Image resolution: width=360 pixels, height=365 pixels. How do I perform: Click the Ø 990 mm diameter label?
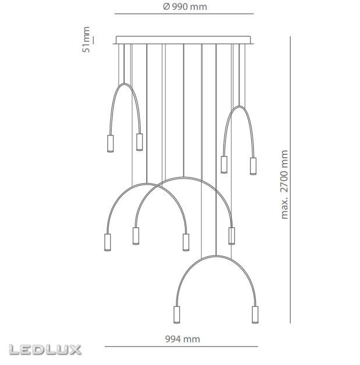pyautogui.click(x=185, y=7)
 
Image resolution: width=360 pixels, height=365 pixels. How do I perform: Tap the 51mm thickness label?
pyautogui.click(x=86, y=40)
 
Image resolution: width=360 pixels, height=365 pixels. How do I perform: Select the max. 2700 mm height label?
pyautogui.click(x=284, y=185)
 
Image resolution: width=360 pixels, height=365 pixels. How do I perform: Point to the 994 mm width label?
pyautogui.click(x=182, y=339)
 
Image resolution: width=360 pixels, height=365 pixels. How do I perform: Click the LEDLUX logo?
pyautogui.click(x=45, y=350)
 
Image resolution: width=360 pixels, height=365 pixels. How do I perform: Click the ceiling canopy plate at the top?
pyautogui.click(x=183, y=40)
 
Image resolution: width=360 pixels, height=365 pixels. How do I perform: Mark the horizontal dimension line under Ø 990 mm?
pyautogui.click(x=184, y=14)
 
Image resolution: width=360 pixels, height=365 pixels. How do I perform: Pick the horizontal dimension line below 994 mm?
pyautogui.click(x=181, y=346)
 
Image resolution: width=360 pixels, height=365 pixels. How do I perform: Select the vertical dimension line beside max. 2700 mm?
pyautogui.click(x=290, y=180)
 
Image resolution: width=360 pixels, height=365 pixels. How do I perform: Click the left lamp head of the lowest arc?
pyautogui.click(x=177, y=315)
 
